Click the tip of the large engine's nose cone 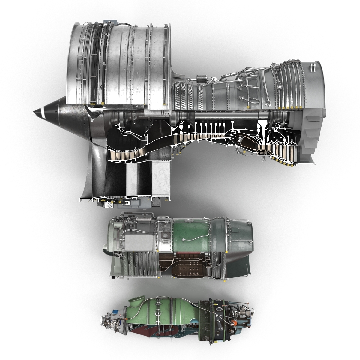click(x=33, y=112)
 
